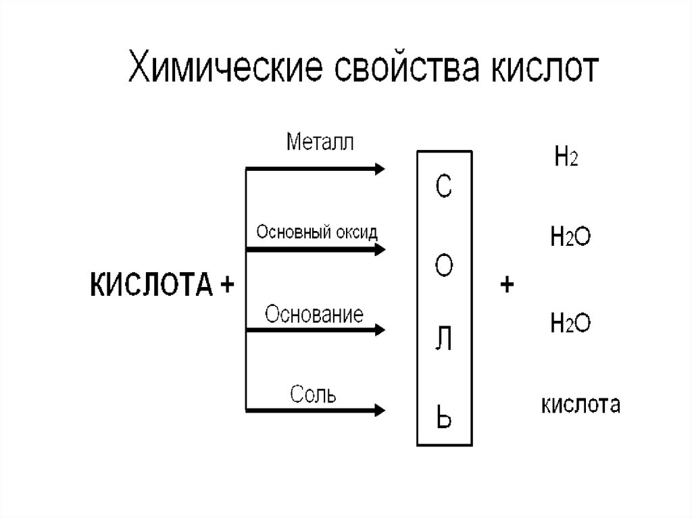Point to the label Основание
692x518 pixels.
[x=314, y=315]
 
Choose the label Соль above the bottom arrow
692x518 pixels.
[x=313, y=394]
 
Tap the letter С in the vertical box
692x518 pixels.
[x=443, y=188]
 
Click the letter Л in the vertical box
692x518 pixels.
[x=443, y=342]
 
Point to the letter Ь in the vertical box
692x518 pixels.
[x=443, y=419]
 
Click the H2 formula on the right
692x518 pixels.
[x=565, y=159]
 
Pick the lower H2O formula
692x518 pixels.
[x=571, y=323]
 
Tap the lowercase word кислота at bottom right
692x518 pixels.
[x=580, y=405]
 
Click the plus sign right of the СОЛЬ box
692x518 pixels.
[x=507, y=285]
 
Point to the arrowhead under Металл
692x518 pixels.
[x=378, y=168]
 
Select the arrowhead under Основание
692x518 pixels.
[x=378, y=330]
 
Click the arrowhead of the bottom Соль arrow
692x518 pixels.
[x=378, y=409]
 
